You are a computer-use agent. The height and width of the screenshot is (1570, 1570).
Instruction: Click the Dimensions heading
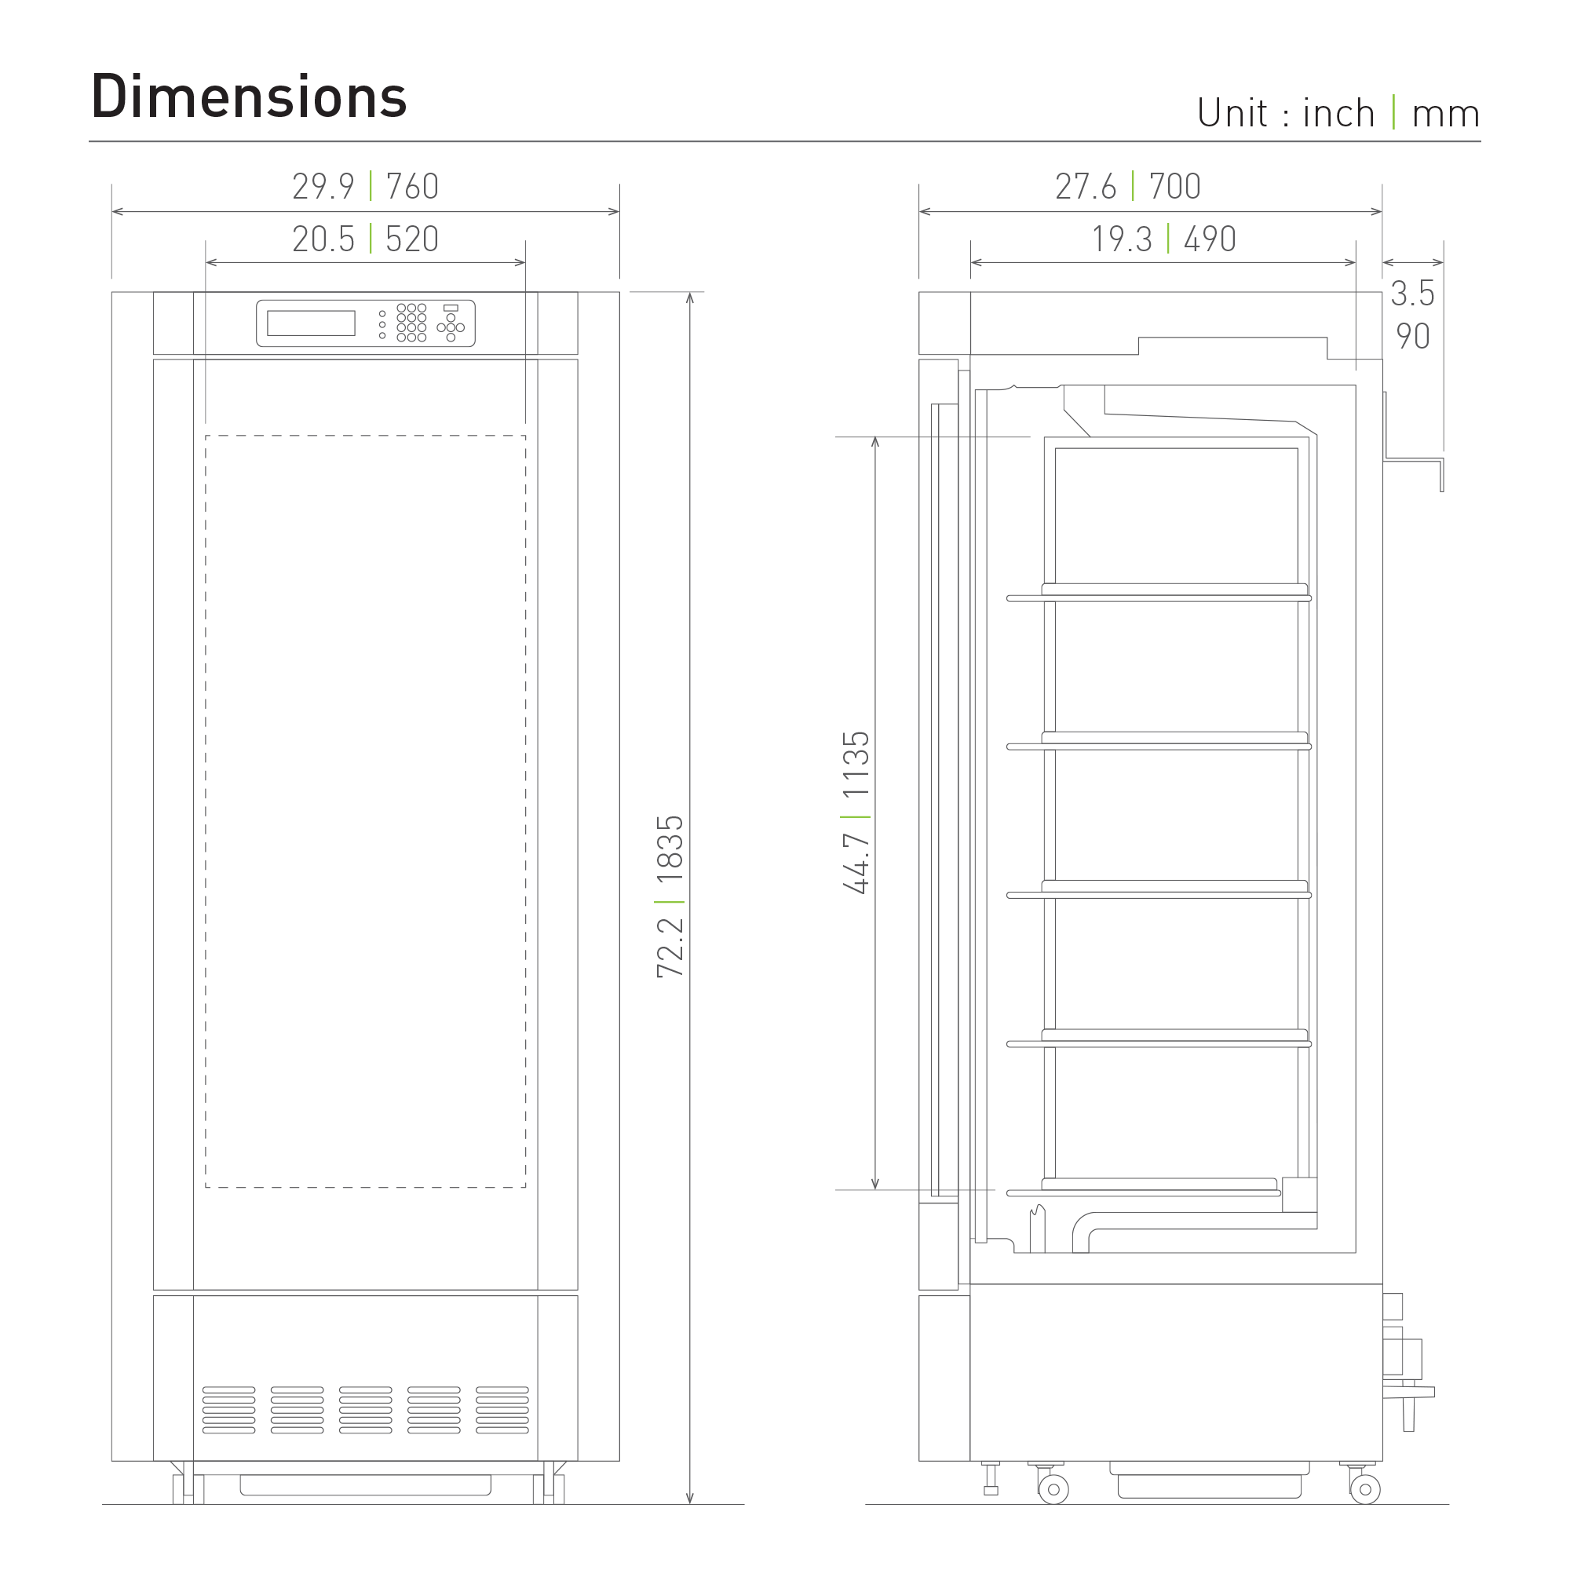coord(249,97)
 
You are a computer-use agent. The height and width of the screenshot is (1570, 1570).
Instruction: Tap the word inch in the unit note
coord(1338,114)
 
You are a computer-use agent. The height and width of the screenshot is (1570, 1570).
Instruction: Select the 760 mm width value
coord(412,187)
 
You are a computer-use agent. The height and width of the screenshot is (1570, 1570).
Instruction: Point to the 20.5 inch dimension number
coord(323,239)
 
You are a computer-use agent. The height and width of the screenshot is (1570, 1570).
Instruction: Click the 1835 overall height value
coord(671,850)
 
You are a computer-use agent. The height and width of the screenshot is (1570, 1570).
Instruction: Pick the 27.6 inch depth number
coord(1086,187)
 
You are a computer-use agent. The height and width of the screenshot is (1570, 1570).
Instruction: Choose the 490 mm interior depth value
coord(1209,239)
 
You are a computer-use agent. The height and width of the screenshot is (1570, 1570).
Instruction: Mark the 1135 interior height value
coord(856,765)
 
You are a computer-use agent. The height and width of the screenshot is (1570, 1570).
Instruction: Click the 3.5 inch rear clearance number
coord(1412,294)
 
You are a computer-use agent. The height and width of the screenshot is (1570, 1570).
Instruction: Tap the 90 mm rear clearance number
coord(1412,337)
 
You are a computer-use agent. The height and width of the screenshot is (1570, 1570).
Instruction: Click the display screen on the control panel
coord(311,323)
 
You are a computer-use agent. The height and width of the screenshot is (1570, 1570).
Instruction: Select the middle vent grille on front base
coord(366,1410)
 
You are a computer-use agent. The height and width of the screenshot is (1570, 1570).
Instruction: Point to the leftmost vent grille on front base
coord(228,1410)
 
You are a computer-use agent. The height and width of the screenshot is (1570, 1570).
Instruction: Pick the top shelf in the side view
coord(1159,598)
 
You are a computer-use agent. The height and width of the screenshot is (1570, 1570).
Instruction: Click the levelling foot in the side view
coord(991,1481)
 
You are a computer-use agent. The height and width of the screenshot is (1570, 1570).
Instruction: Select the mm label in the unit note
coord(1446,114)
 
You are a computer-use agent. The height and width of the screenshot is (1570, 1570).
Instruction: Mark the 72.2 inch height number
coord(671,947)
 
